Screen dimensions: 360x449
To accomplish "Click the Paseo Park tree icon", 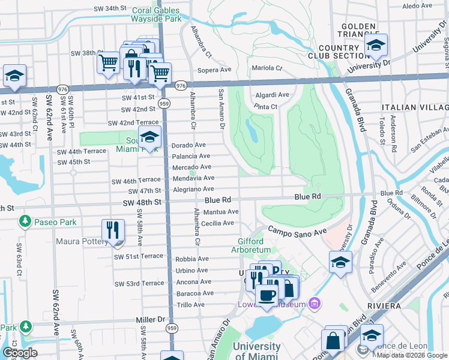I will coord(25,222).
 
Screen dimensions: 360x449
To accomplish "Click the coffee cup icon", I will coord(267,295).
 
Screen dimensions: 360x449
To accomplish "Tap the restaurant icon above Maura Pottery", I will coord(112,229).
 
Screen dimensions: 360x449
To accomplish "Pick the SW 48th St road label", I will coord(142,202).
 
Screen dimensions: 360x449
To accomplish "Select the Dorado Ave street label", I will coord(188,145).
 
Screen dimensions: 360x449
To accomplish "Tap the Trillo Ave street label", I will coord(191,305).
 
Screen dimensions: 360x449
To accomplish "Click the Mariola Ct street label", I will coord(267,68).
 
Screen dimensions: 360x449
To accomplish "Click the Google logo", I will coord(20,353).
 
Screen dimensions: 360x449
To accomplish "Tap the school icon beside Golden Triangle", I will coord(376,45).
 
